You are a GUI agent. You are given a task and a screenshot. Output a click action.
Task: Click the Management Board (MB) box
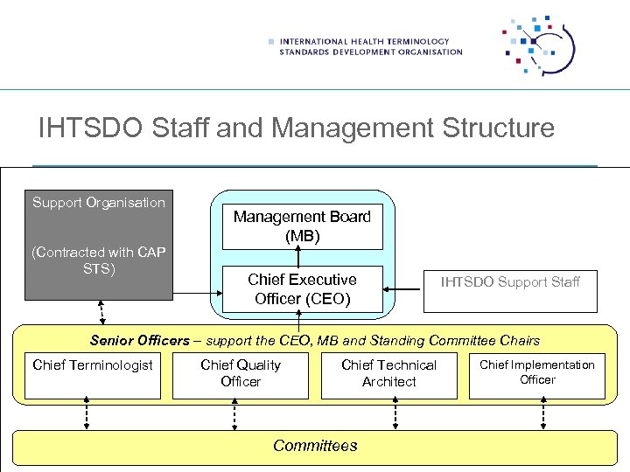[302, 226]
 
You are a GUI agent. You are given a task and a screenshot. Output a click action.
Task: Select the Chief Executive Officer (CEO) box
[302, 288]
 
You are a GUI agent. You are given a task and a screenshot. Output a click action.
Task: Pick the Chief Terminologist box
[93, 376]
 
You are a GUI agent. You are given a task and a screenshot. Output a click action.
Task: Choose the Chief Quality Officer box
[241, 376]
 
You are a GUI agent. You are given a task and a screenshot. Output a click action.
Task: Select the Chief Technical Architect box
[388, 376]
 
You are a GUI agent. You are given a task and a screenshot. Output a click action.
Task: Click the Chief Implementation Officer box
[537, 376]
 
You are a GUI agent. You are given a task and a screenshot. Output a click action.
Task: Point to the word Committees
[315, 446]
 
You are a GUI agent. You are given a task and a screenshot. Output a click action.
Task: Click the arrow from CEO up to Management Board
[297, 255]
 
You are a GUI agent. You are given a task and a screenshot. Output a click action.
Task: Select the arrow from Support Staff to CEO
[403, 289]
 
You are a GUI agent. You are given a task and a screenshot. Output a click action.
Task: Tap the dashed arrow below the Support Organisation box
[102, 312]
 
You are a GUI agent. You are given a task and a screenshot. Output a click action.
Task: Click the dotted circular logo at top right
[537, 45]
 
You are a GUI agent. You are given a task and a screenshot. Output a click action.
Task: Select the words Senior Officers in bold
[139, 340]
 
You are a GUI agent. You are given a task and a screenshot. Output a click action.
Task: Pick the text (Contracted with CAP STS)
[98, 260]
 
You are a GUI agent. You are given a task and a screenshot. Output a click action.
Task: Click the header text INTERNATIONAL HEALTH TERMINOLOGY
[364, 41]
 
